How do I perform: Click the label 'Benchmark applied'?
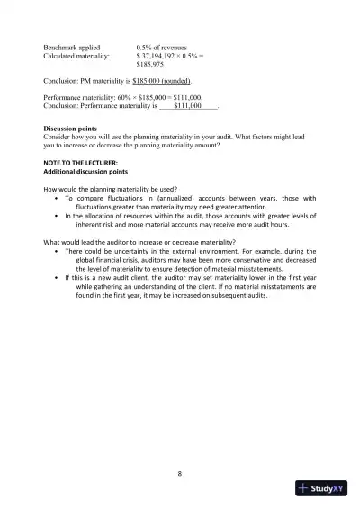click(73, 46)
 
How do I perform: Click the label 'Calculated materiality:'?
click(78, 55)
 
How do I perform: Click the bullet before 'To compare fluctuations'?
click(57, 199)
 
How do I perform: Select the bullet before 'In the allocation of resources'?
click(57, 217)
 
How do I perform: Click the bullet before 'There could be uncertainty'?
click(57, 252)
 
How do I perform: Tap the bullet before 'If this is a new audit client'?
click(57, 279)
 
